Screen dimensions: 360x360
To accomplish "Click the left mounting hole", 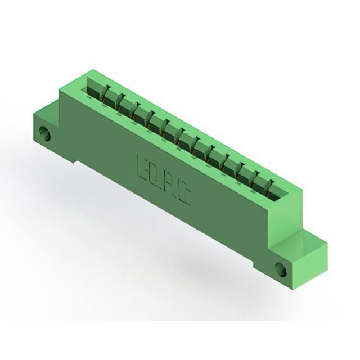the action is (x=44, y=133).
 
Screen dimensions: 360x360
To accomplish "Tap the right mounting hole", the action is (x=281, y=269).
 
